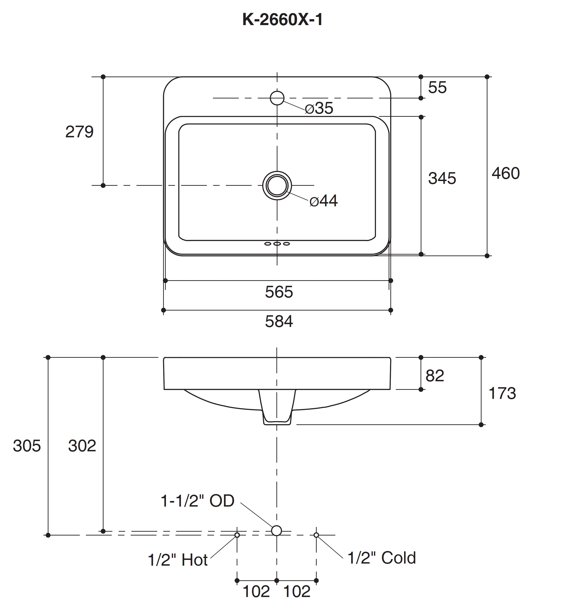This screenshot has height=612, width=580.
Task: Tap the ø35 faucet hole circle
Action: (277, 98)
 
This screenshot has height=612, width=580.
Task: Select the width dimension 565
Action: (279, 292)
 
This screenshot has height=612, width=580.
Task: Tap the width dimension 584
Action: (279, 322)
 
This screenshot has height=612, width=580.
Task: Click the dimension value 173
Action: (502, 393)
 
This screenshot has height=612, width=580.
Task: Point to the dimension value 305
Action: (27, 446)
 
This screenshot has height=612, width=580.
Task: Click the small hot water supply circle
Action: (237, 535)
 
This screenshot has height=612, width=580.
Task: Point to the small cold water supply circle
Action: (316, 535)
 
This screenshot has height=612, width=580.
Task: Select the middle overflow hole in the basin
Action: (277, 244)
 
